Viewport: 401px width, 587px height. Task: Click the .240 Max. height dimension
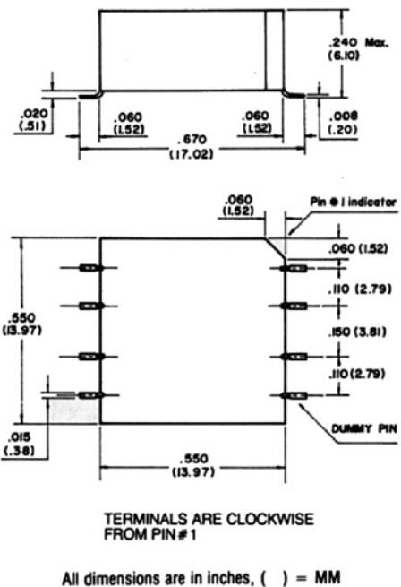358,49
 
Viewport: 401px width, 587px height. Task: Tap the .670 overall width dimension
192,139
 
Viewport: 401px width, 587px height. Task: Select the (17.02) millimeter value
192,154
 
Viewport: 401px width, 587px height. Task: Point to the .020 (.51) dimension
33,120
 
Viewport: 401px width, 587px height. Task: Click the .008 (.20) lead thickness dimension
343,123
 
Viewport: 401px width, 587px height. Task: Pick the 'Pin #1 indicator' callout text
353,203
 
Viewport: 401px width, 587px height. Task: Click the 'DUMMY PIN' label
364,428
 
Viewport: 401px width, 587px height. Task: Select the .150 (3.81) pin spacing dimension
357,332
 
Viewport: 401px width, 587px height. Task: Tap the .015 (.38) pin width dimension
19,444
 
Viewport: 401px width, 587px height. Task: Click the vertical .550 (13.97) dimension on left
22,324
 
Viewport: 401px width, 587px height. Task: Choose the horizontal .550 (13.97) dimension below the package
193,465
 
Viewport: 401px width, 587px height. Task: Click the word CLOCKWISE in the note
270,520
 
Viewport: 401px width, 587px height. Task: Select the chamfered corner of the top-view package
276,247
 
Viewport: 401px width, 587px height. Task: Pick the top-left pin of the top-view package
90,268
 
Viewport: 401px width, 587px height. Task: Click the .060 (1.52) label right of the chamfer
358,248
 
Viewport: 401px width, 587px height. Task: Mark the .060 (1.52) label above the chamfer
238,205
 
